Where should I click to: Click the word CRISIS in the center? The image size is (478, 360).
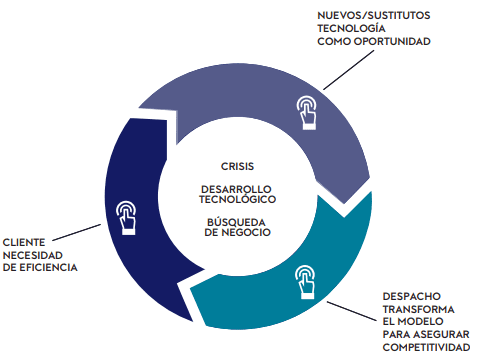[x=237, y=166]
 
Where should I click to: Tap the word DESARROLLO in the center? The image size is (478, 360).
[x=236, y=189]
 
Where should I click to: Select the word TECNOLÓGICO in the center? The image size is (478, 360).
[x=238, y=199]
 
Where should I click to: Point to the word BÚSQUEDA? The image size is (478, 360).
[x=236, y=222]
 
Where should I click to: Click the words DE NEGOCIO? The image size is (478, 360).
[x=237, y=232]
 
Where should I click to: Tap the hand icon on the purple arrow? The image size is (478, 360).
[x=307, y=113]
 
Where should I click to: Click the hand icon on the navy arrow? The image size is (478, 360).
[x=126, y=218]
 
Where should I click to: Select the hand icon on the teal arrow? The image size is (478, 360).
[x=305, y=282]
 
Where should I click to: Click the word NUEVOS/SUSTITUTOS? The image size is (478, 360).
[x=374, y=15]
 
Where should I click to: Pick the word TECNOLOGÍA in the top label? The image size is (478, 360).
[x=351, y=28]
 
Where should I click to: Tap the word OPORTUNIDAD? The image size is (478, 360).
[x=392, y=41]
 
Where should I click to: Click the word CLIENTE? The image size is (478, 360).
[x=24, y=242]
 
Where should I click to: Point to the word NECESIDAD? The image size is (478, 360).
[x=33, y=255]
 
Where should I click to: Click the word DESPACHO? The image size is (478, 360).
[x=412, y=296]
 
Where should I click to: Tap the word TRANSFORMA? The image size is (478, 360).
[x=418, y=309]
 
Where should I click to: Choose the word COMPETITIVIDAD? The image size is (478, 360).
[x=426, y=347]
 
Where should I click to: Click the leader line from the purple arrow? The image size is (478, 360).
[x=349, y=70]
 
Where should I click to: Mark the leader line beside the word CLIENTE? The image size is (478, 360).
[x=77, y=232]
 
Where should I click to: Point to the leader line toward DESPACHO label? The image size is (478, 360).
[x=351, y=311]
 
